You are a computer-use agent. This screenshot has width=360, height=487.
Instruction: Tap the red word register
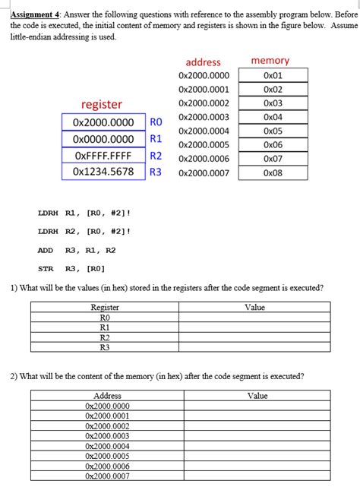102,104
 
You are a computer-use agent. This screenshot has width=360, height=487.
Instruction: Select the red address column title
203,62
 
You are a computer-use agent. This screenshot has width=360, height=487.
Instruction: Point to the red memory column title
270,61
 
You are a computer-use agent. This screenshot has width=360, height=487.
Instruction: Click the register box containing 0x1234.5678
103,172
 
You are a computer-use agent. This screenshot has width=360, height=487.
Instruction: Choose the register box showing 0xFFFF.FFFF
103,156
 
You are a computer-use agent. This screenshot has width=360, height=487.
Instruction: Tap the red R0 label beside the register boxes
156,122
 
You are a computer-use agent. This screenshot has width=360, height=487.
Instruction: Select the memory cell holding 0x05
273,131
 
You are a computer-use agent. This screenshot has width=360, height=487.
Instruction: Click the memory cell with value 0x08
273,172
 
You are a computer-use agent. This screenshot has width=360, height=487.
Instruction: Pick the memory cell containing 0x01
273,76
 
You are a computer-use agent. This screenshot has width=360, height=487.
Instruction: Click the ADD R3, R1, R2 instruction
77,250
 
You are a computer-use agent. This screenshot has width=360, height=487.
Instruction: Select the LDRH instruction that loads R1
84,213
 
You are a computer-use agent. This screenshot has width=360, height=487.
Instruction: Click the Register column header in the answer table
105,307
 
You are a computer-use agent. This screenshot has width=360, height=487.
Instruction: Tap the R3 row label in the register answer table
105,346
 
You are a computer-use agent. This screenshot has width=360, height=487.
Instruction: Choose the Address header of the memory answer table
107,396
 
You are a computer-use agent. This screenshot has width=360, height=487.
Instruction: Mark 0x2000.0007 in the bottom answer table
107,476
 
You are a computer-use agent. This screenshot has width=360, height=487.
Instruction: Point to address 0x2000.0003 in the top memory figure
203,117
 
